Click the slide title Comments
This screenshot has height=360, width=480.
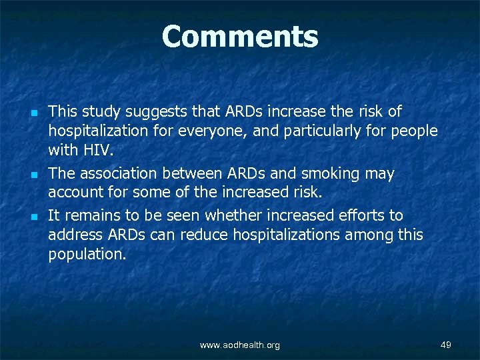point(240,37)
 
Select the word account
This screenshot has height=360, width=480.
point(74,193)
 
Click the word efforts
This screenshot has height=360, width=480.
point(359,215)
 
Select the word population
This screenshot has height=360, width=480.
point(86,253)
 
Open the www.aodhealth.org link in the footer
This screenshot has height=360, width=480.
point(240,345)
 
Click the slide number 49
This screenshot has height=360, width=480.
point(446,344)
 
